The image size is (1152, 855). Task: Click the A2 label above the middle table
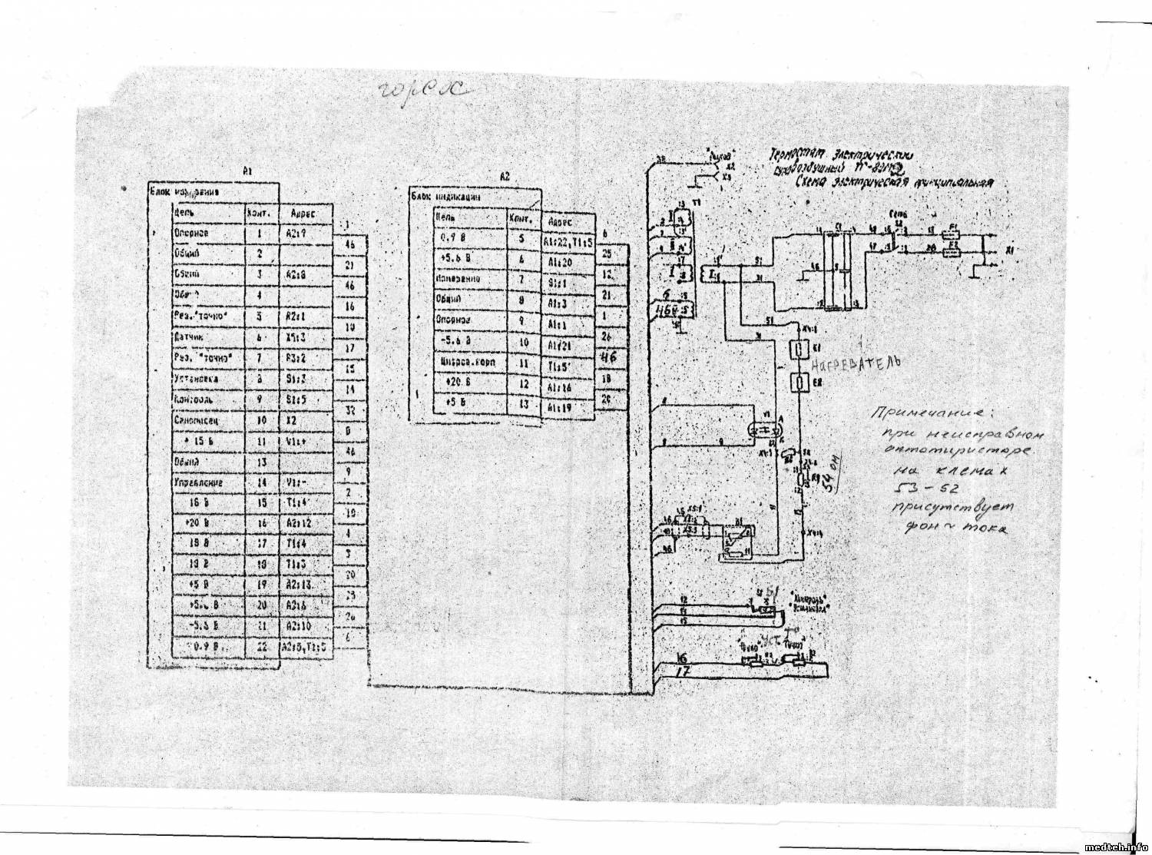[505, 177]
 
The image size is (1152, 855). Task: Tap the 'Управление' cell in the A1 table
[198, 483]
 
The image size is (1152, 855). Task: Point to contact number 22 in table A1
[260, 648]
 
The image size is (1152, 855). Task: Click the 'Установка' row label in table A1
[197, 379]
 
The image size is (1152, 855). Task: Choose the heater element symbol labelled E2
[799, 382]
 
